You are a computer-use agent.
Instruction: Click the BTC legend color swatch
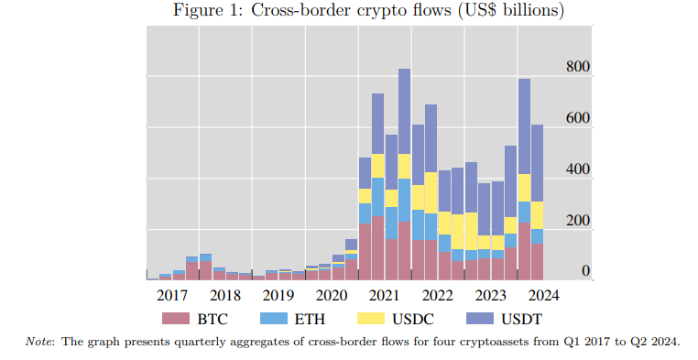176,318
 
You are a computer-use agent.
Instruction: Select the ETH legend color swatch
273,318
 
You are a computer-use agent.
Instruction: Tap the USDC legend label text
412,319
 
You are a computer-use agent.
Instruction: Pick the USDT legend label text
522,319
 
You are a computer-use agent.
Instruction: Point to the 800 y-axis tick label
578,67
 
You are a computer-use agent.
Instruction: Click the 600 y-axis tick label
578,118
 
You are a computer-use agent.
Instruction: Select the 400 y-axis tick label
578,169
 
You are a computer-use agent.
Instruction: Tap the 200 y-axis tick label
578,220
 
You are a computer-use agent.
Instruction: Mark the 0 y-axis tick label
586,270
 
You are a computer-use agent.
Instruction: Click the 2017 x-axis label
172,296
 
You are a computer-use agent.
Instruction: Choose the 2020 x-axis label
332,296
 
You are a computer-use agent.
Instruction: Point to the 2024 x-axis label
542,296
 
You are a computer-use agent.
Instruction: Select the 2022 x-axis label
438,296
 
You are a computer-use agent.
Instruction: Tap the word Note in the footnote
36,342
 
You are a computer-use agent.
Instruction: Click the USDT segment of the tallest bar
404,111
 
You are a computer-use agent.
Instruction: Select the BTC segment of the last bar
538,262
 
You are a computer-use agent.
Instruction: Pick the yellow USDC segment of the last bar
538,215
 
